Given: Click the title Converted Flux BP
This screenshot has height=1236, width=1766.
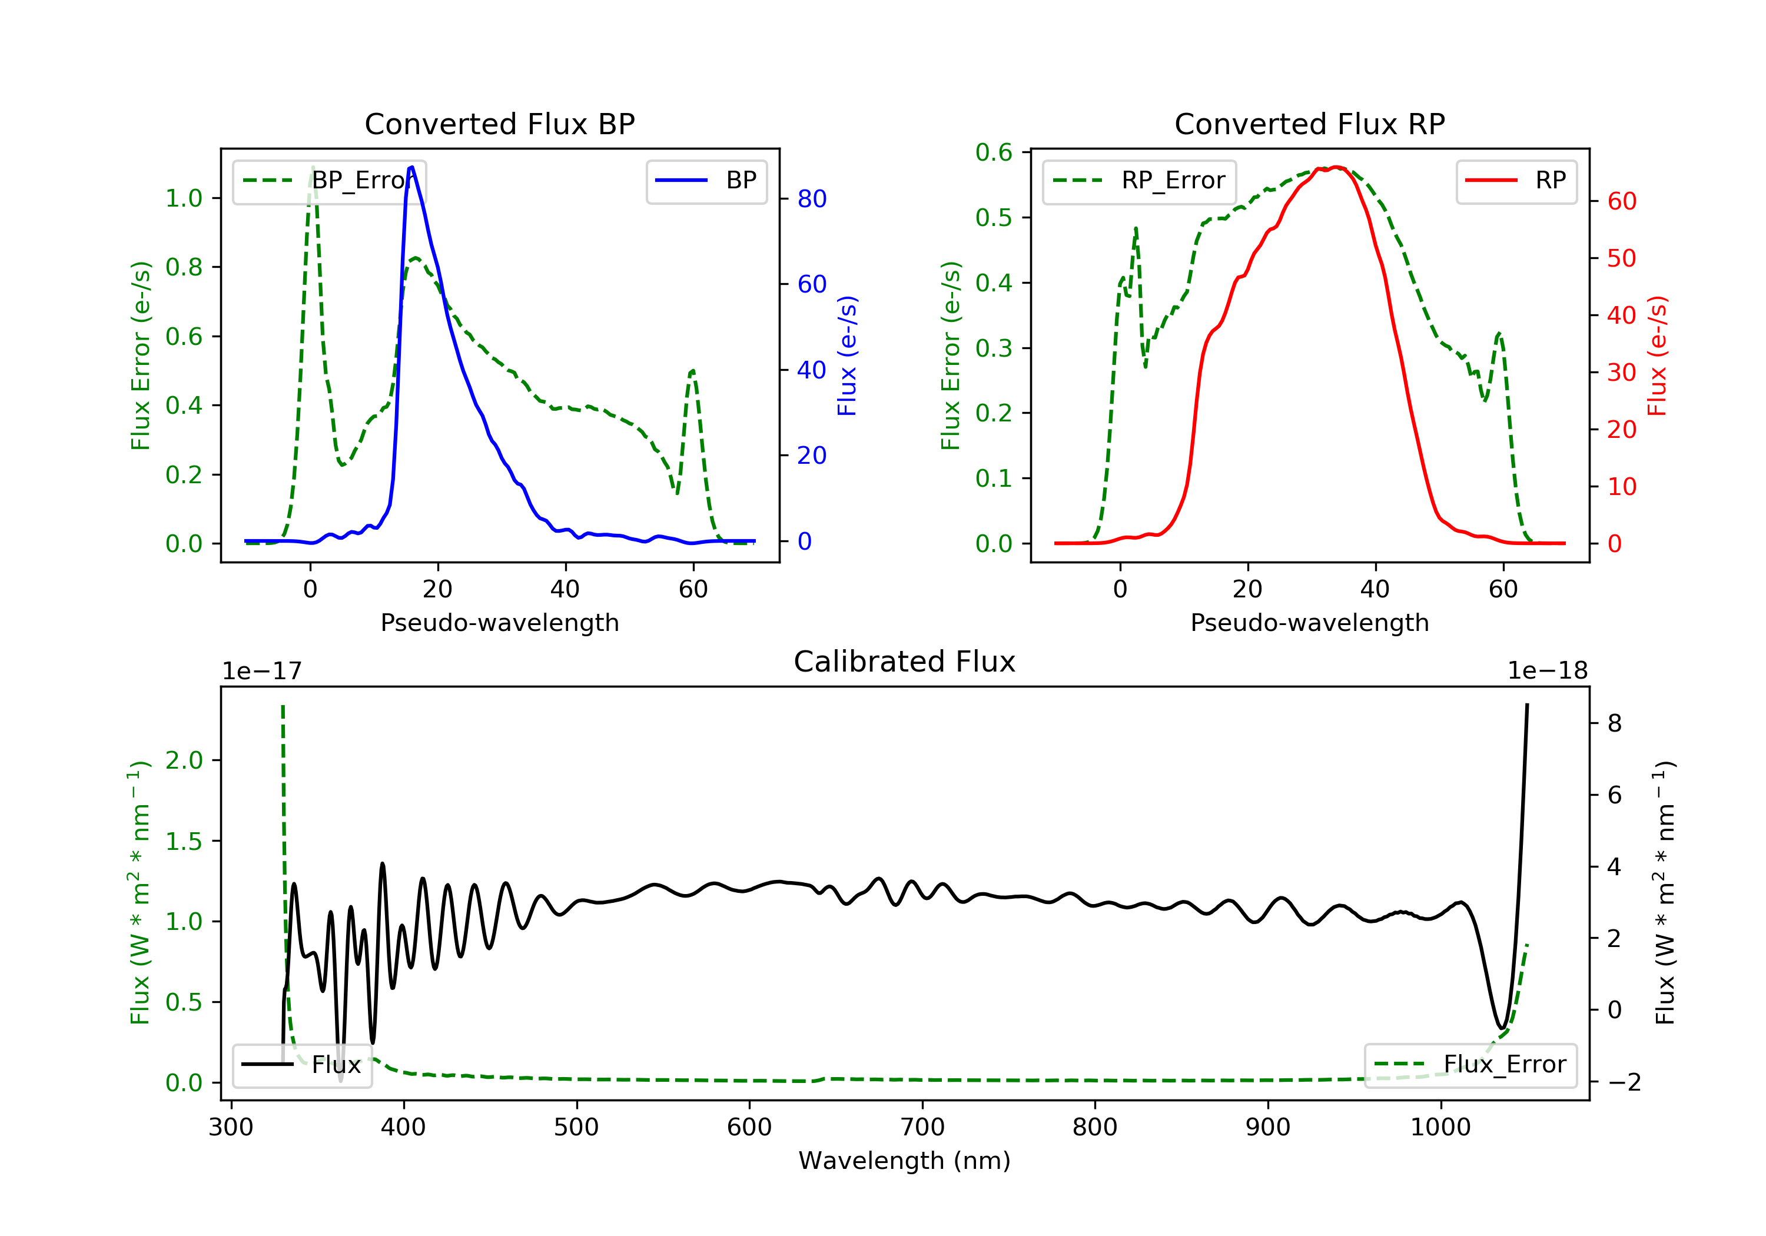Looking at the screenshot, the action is pyautogui.click(x=500, y=124).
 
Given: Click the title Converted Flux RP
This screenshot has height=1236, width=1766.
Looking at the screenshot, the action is pyautogui.click(x=1310, y=124).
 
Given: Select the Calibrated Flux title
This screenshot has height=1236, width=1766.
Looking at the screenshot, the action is pyautogui.click(x=905, y=662).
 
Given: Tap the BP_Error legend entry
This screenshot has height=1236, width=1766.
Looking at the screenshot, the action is pyautogui.click(x=329, y=181).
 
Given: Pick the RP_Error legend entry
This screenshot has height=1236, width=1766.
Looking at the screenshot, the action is pyautogui.click(x=1139, y=181).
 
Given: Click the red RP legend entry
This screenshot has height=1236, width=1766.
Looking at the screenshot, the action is pyautogui.click(x=1516, y=181).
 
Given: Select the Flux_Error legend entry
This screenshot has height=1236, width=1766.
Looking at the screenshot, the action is pyautogui.click(x=1470, y=1065).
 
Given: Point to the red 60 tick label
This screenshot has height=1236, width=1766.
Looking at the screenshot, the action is pyautogui.click(x=1622, y=201).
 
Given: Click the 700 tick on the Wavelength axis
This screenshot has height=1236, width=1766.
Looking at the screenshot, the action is pyautogui.click(x=922, y=1128).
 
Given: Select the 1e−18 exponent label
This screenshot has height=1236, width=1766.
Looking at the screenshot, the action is pyautogui.click(x=1548, y=671).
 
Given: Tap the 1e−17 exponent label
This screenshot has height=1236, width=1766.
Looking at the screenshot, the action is pyautogui.click(x=263, y=671).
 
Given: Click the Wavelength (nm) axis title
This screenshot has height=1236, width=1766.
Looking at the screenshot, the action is pyautogui.click(x=905, y=1161).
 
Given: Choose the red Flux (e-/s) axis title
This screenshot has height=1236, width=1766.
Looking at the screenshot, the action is pyautogui.click(x=1657, y=356).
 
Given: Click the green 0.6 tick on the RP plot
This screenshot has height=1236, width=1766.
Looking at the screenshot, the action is pyautogui.click(x=994, y=152).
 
